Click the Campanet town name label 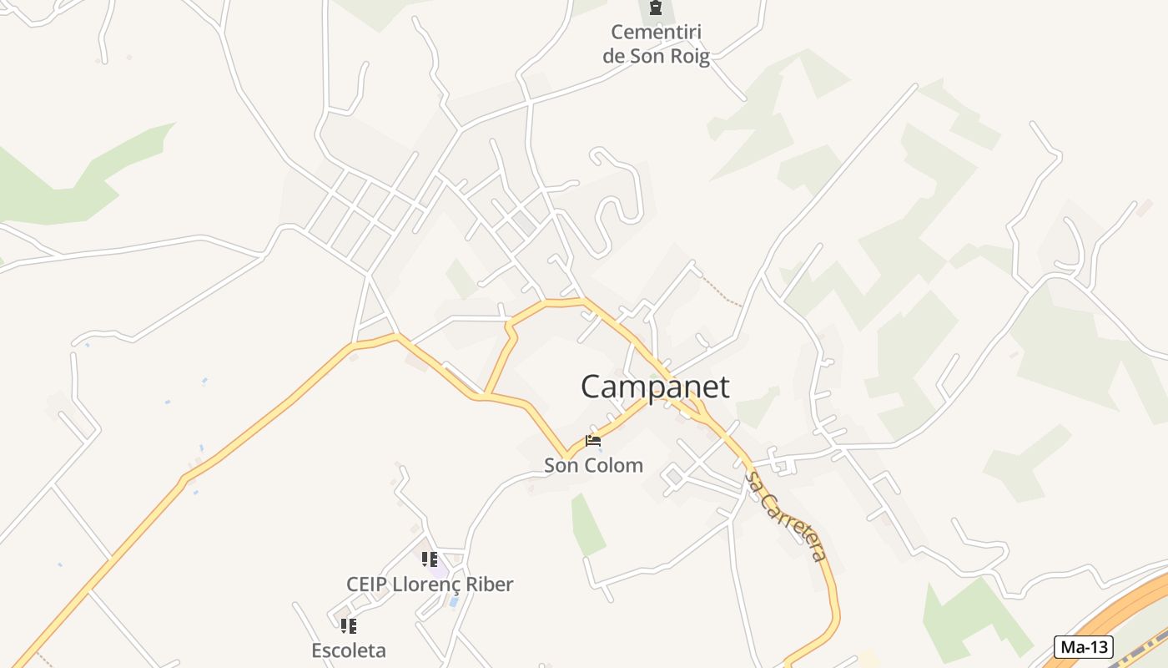[655, 387]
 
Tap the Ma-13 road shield [1085, 646]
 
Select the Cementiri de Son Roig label [656, 44]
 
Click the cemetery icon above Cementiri [656, 9]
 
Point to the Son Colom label [593, 465]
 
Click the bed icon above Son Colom [593, 440]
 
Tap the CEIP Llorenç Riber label [430, 584]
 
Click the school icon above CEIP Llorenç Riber [430, 559]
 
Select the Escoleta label [349, 650]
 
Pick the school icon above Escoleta [349, 625]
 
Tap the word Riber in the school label [487, 584]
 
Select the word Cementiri [656, 33]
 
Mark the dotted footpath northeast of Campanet [721, 290]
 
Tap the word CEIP [366, 584]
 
